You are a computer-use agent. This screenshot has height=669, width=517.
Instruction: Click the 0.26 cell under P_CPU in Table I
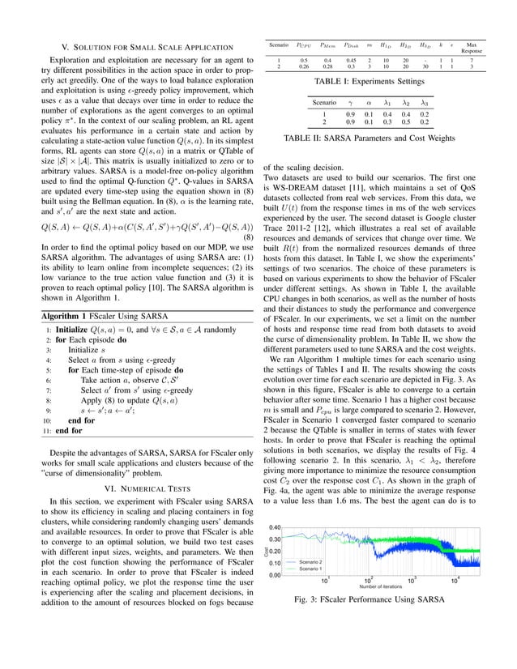coord(303,67)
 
